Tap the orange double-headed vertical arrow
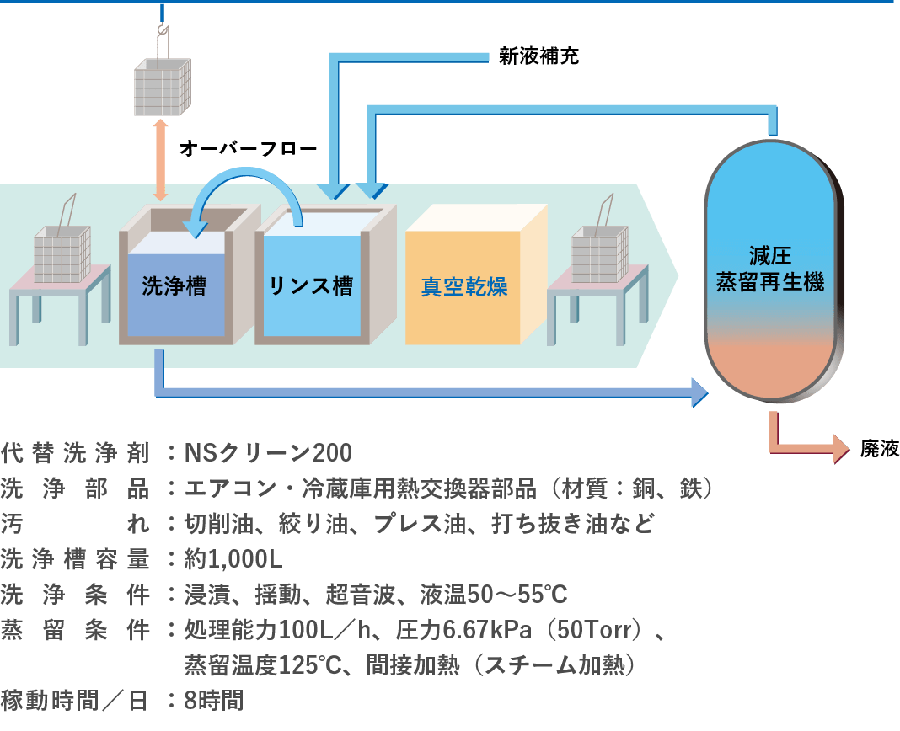click(x=160, y=159)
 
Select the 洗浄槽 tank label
click(x=174, y=286)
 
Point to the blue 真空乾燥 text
click(x=464, y=287)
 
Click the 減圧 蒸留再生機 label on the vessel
click(x=769, y=269)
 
